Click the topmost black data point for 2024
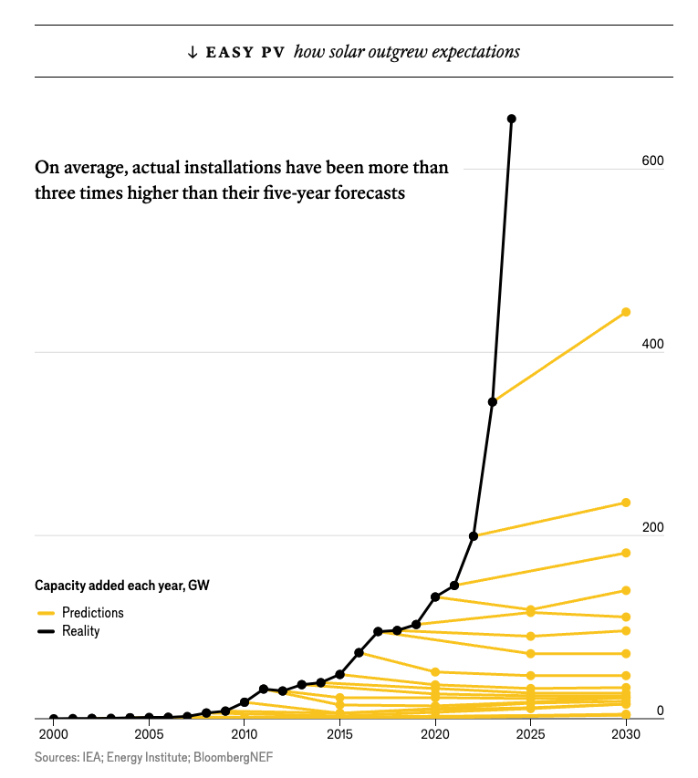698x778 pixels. point(511,119)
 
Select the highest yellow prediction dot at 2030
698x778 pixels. point(626,312)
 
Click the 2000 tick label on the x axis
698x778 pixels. point(53,735)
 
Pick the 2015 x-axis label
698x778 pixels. point(339,735)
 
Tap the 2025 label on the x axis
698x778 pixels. point(530,735)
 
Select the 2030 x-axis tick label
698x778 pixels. point(626,735)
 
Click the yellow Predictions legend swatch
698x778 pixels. point(46,613)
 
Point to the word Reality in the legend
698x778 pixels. point(80,631)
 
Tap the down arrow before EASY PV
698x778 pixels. point(192,52)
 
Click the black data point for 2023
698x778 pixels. point(493,401)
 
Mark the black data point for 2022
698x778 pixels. point(474,535)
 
